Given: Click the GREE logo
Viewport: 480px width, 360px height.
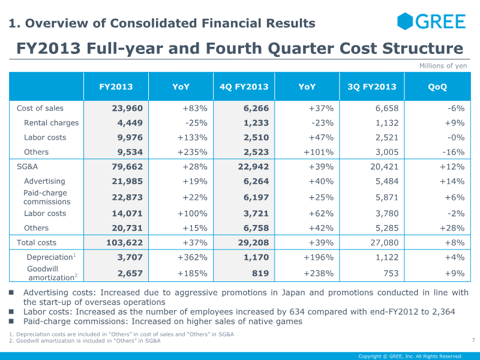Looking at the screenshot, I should (431, 22).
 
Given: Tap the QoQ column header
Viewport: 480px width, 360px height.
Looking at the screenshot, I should (437, 86).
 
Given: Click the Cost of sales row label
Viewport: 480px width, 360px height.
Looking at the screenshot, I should (40, 109).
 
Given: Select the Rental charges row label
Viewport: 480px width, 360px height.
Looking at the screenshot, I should (52, 123).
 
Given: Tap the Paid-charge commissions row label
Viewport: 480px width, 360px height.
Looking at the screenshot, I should (47, 197).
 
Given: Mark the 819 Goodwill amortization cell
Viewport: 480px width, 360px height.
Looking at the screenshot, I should (259, 274).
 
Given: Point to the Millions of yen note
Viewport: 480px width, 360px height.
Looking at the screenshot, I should (443, 66).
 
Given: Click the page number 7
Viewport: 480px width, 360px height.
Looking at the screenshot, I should (473, 341).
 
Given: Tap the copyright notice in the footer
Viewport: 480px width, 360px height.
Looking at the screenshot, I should (410, 356).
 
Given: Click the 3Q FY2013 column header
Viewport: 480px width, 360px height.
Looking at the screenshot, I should (372, 86).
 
